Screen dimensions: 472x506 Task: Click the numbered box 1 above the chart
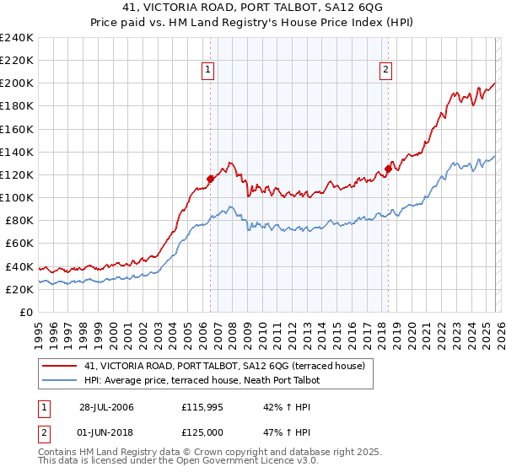pyautogui.click(x=207, y=71)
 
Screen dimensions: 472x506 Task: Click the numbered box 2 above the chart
pyautogui.click(x=385, y=71)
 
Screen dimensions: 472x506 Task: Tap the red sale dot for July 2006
pyautogui.click(x=210, y=178)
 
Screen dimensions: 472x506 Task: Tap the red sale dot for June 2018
pyautogui.click(x=388, y=168)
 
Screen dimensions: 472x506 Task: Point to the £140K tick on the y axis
pyautogui.click(x=17, y=152)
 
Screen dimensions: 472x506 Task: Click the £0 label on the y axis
pyautogui.click(x=26, y=312)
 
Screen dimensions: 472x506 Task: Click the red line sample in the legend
pyautogui.click(x=60, y=366)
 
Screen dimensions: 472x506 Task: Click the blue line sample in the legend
pyautogui.click(x=60, y=380)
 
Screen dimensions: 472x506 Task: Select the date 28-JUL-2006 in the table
pyautogui.click(x=105, y=407)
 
